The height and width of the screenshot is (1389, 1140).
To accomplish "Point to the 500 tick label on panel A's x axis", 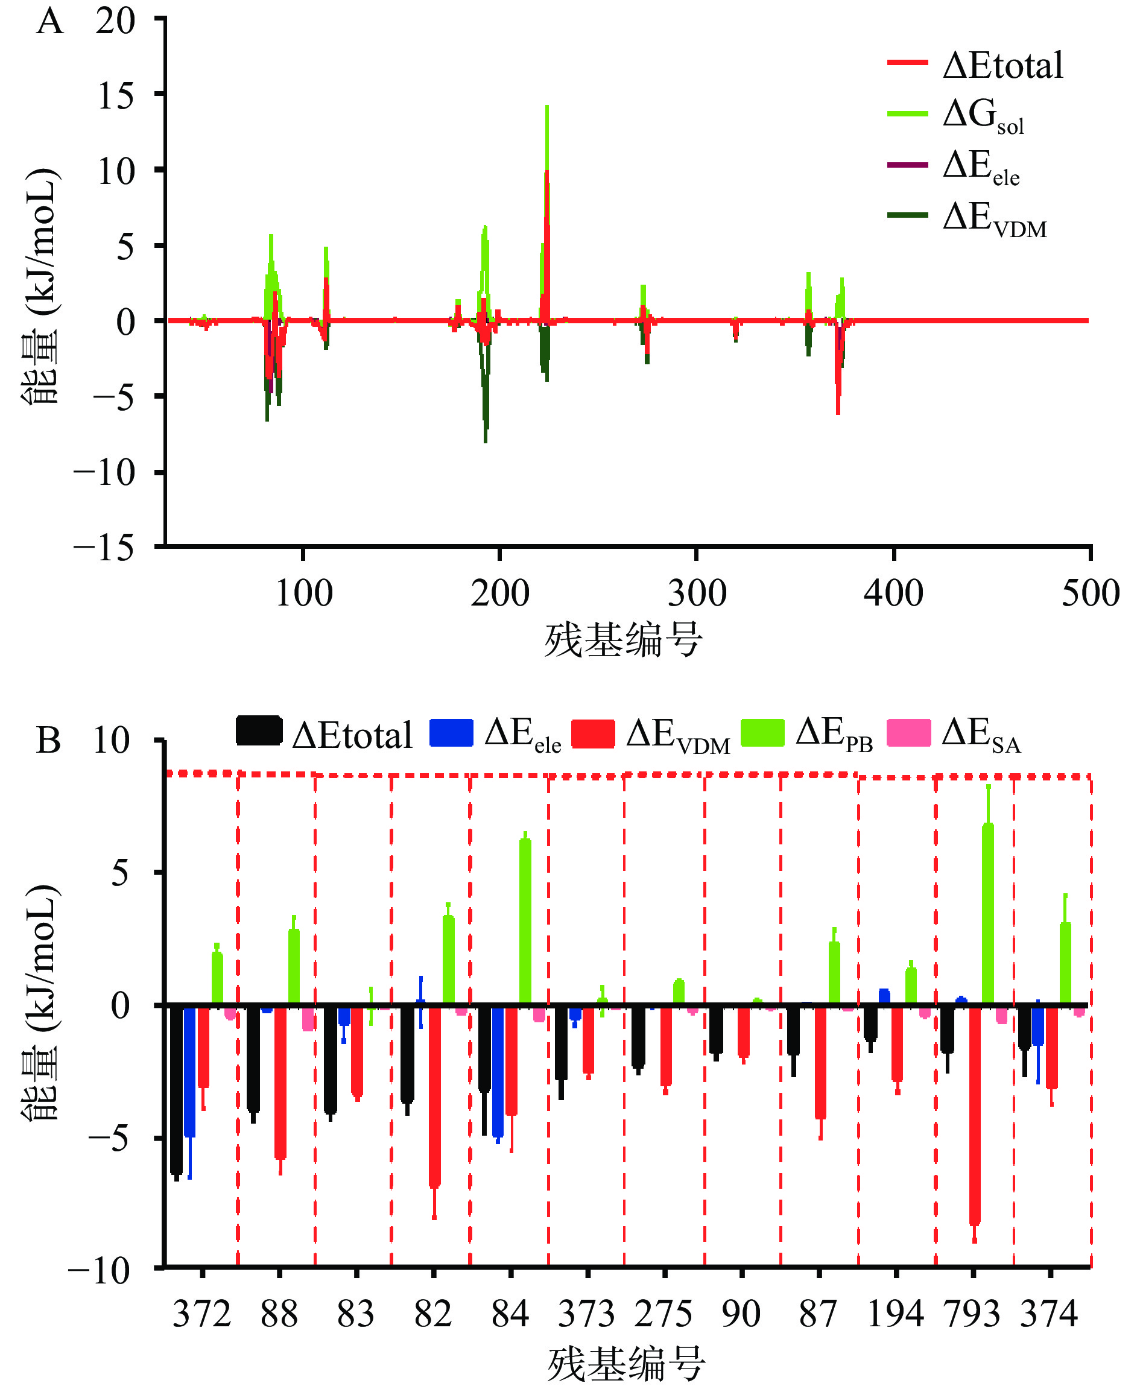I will (x=1090, y=593).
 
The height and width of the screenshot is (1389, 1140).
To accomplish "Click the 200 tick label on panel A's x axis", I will (x=500, y=593).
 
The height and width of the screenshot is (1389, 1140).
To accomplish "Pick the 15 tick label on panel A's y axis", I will (x=116, y=97).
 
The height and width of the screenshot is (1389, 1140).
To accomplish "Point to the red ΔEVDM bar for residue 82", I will (x=435, y=1095).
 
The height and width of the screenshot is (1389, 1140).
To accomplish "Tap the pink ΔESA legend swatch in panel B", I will (x=908, y=733).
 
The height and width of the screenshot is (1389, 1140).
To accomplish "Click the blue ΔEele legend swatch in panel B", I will (x=451, y=733).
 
